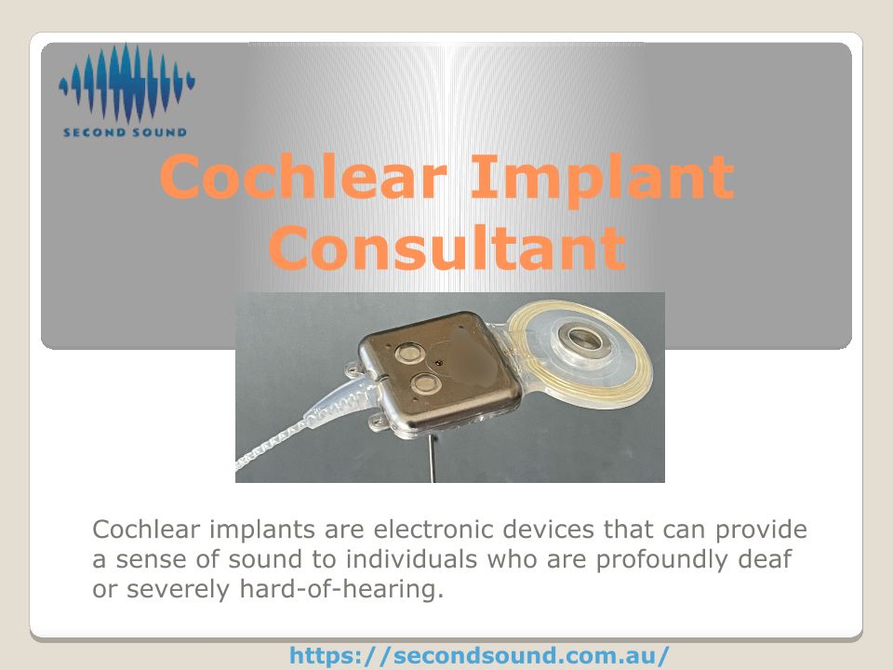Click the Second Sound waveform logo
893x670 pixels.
pos(127,83)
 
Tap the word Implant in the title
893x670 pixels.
pos(603,179)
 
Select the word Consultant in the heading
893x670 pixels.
pos(447,248)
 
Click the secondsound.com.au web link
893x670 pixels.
pos(479,655)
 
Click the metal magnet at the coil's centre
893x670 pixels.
pos(585,341)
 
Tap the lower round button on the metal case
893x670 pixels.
pos(425,383)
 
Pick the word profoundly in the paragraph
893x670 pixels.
pos(661,560)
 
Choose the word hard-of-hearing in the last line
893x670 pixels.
pos(341,589)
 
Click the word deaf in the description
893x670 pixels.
pos(765,559)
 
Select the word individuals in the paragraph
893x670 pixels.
pos(411,559)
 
